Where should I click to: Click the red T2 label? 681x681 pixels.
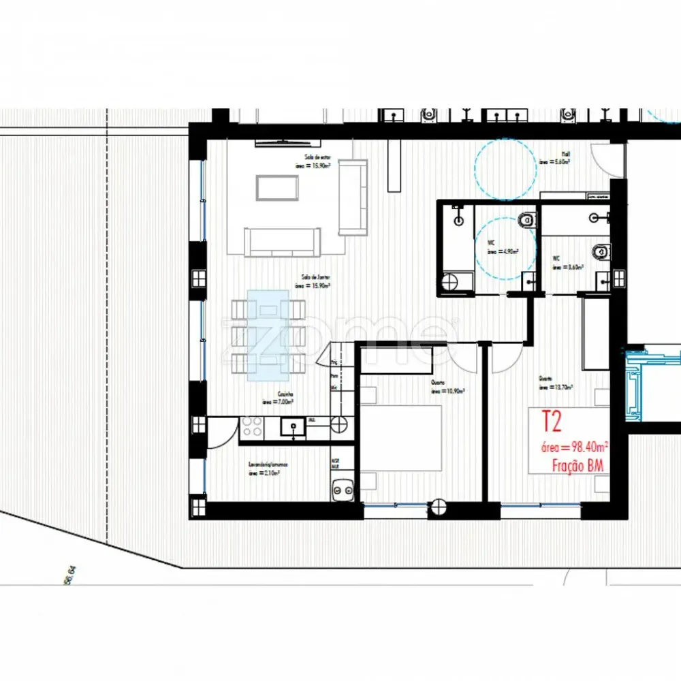(551, 422)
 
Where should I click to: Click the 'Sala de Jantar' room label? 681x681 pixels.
(316, 282)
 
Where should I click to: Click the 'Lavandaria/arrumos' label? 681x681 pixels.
(268, 468)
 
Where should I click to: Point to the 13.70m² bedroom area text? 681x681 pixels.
(556, 387)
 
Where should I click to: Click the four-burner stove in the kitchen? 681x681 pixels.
(251, 427)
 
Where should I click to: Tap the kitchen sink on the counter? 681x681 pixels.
(296, 428)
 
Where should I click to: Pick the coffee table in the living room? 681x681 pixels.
(276, 187)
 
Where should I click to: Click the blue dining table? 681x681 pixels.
(268, 334)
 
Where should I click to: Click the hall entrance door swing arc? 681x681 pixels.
(603, 159)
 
